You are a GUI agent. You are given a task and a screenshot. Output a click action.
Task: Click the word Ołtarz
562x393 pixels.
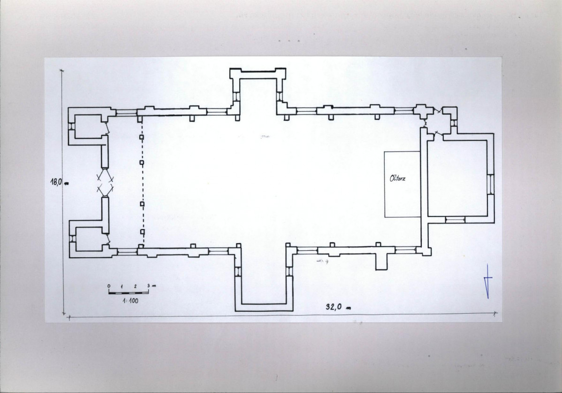click(397, 178)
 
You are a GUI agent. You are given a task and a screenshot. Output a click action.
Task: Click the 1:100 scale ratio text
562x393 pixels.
click(130, 301)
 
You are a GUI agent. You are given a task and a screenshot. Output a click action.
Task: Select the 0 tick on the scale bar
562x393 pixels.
click(109, 286)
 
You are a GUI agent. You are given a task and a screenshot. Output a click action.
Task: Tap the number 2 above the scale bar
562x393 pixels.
click(135, 286)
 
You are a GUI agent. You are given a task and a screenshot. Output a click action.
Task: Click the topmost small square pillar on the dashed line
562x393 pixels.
click(142, 137)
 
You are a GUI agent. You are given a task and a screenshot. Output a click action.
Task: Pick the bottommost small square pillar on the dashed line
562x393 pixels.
click(142, 231)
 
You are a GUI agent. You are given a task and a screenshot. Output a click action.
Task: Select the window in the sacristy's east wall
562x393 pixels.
click(490, 185)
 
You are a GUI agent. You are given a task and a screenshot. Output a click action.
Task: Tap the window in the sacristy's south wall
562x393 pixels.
click(455, 219)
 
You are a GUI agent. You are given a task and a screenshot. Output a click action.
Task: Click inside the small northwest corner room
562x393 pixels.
click(89, 126)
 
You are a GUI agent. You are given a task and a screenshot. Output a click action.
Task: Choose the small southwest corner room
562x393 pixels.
click(89, 239)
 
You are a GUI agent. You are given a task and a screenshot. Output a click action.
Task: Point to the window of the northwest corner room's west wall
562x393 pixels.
click(72, 127)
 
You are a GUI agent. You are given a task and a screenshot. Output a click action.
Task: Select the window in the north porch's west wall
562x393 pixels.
click(236, 97)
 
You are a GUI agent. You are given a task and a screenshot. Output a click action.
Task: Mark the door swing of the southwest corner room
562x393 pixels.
click(106, 239)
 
